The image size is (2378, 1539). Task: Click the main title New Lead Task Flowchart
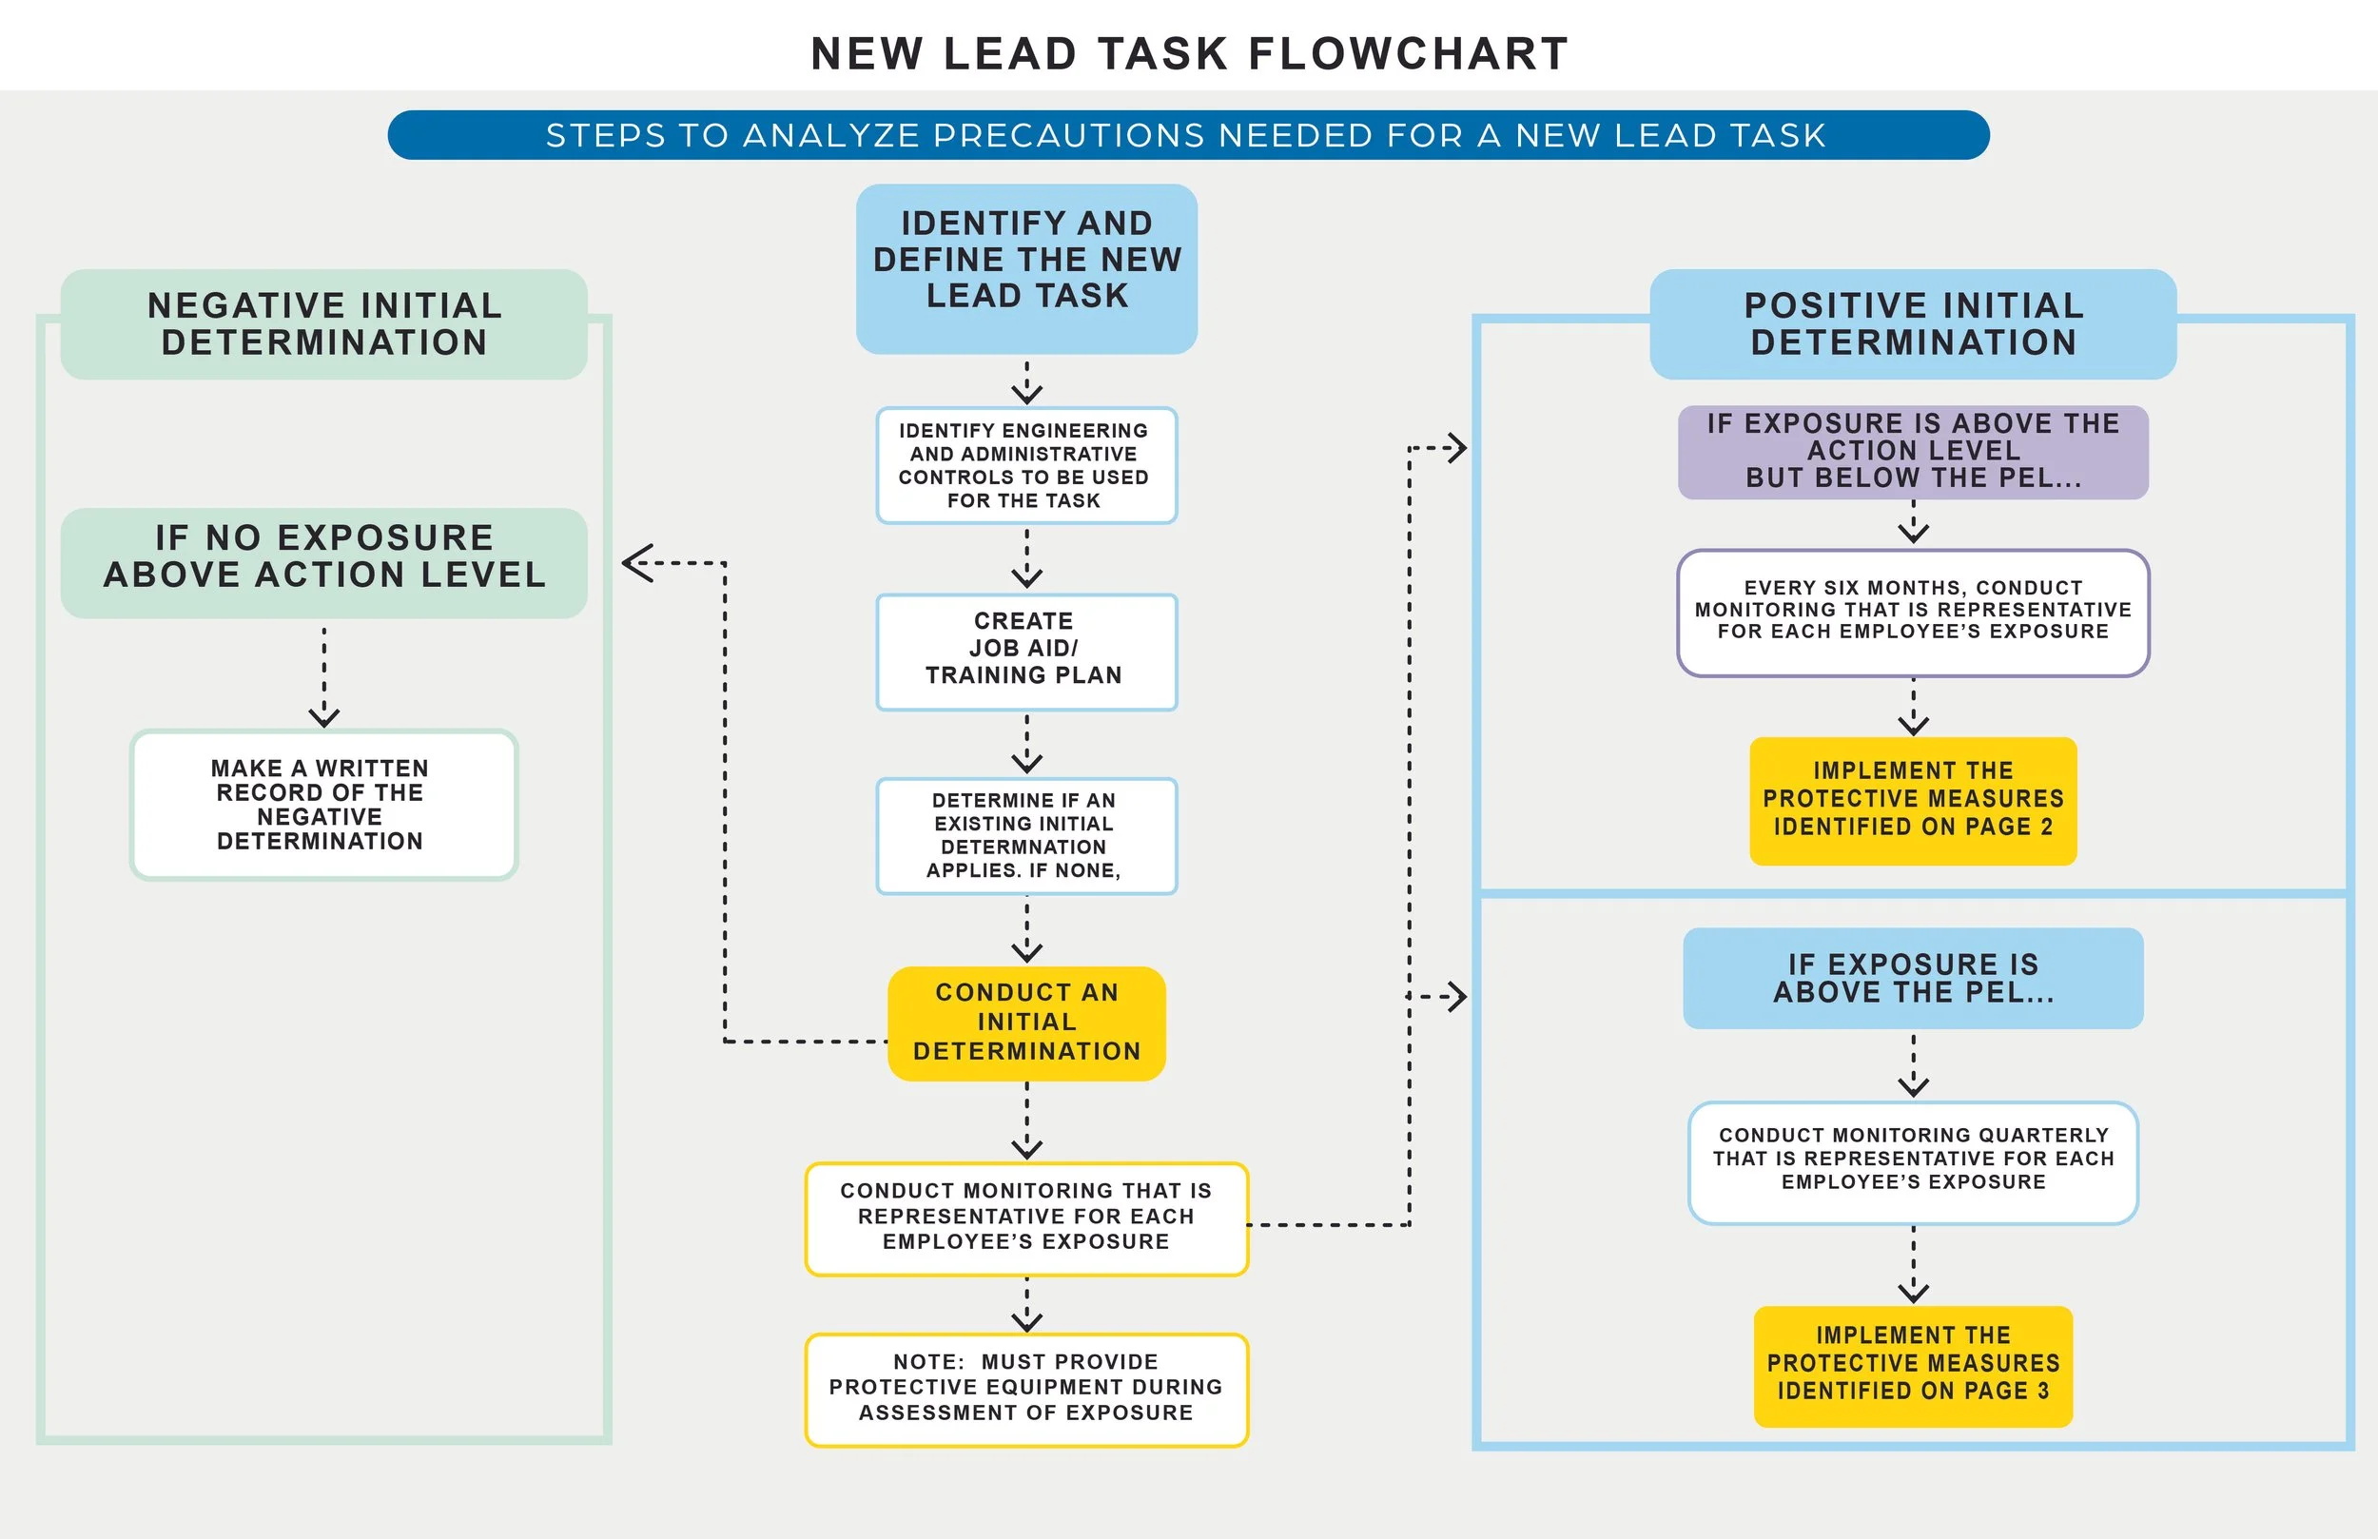pyautogui.click(x=1189, y=54)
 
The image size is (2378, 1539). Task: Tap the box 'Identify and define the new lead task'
pyautogui.click(x=1026, y=268)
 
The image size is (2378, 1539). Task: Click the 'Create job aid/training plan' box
pyautogui.click(x=1026, y=652)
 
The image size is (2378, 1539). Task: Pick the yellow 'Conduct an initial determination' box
pyautogui.click(x=1026, y=1023)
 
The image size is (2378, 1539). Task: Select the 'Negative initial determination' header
pyautogui.click(x=323, y=323)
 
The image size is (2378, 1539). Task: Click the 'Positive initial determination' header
pyautogui.click(x=1913, y=323)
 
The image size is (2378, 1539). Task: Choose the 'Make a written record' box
pyautogui.click(x=322, y=805)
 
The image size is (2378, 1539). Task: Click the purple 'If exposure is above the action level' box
pyautogui.click(x=1913, y=452)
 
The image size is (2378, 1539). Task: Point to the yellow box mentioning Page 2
pyautogui.click(x=1913, y=801)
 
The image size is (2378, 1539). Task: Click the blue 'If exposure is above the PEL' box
pyautogui.click(x=1913, y=979)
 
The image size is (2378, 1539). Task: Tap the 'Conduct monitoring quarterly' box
pyautogui.click(x=1913, y=1161)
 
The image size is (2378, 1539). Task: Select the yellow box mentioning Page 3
pyautogui.click(x=1913, y=1365)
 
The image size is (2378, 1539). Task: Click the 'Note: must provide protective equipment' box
pyautogui.click(x=1026, y=1389)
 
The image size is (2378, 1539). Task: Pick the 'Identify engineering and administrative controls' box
pyautogui.click(x=1026, y=466)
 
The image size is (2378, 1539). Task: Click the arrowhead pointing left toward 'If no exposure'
pyautogui.click(x=636, y=563)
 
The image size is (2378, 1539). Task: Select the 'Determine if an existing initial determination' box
pyautogui.click(x=1026, y=835)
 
